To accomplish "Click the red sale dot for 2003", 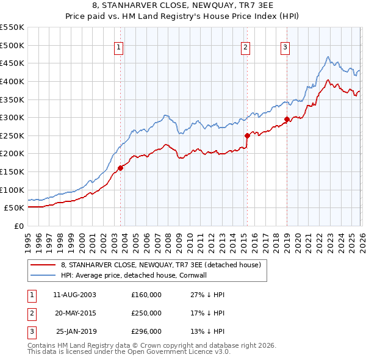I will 120,168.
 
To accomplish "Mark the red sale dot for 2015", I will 247,135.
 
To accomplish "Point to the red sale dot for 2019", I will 287,119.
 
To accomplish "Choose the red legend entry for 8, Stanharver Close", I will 161,265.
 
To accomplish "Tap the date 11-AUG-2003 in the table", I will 74,294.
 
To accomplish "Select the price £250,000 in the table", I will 146,313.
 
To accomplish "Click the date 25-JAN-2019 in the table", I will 74,332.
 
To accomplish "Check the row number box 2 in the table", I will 31,313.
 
